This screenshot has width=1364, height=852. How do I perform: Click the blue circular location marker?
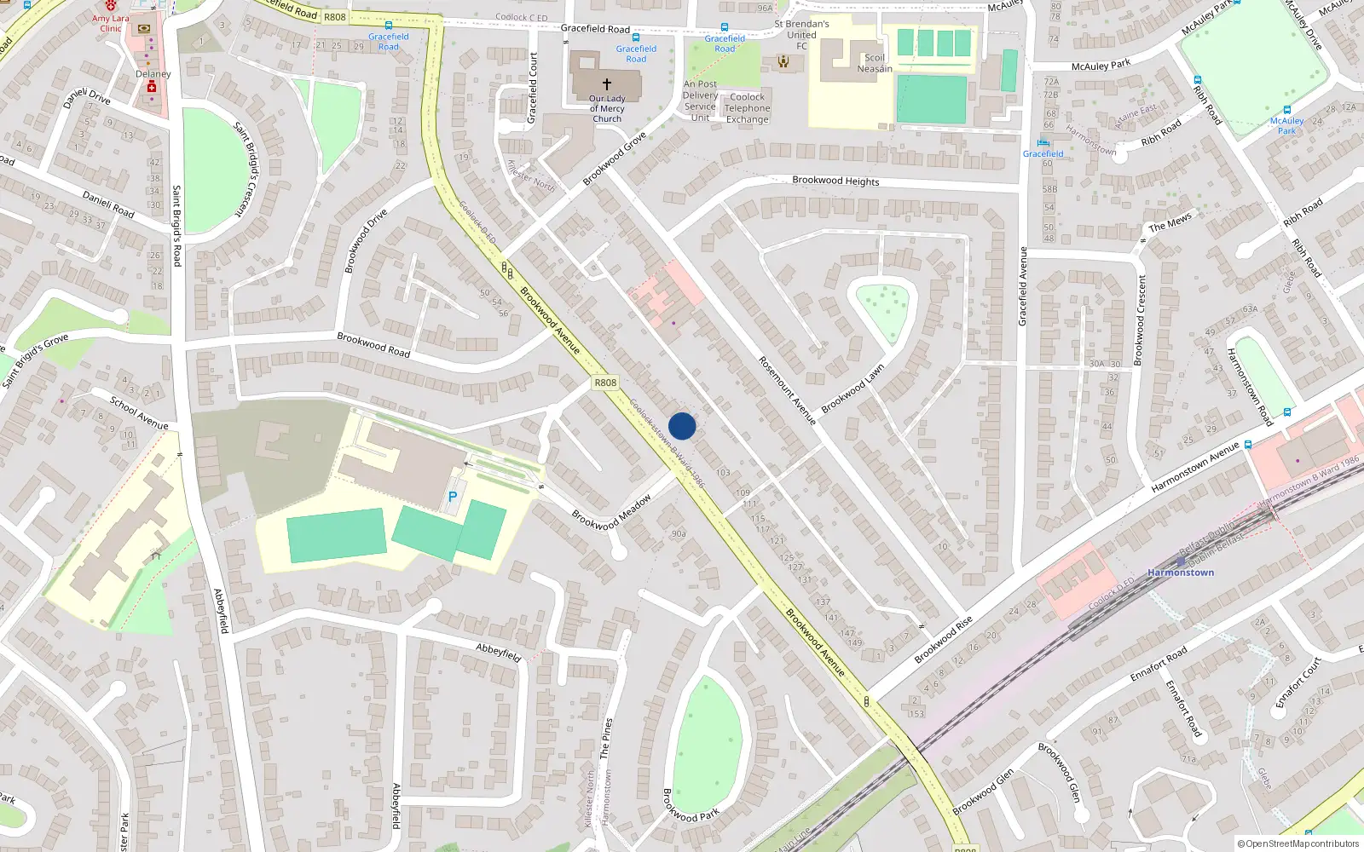click(x=682, y=426)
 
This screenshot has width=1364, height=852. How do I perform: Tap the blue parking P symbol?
click(x=453, y=497)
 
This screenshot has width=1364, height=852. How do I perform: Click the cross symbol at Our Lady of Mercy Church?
click(x=607, y=84)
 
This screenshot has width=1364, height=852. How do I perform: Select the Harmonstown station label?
click(x=1181, y=573)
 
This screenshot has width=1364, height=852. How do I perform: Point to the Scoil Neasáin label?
click(x=875, y=64)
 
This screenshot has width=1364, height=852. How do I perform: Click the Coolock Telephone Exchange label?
click(x=748, y=108)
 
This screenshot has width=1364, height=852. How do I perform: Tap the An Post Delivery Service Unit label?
click(x=700, y=101)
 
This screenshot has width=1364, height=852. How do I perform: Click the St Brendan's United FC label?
click(x=801, y=35)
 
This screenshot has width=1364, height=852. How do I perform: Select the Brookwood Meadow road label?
click(x=611, y=512)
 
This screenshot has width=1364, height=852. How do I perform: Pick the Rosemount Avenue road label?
click(x=787, y=390)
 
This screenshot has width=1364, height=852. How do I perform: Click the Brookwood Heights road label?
click(x=835, y=181)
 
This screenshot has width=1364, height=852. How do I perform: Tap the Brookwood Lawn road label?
click(x=852, y=389)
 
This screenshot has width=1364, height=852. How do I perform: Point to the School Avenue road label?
click(x=139, y=412)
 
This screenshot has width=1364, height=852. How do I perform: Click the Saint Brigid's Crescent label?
click(x=245, y=169)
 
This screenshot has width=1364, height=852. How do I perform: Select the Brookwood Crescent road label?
click(x=1141, y=319)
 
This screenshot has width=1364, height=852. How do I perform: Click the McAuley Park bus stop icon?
click(x=1287, y=110)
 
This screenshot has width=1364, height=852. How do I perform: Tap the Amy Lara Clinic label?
click(x=111, y=23)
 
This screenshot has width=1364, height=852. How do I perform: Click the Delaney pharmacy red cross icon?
click(x=153, y=88)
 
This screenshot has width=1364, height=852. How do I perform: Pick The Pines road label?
click(x=605, y=738)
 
